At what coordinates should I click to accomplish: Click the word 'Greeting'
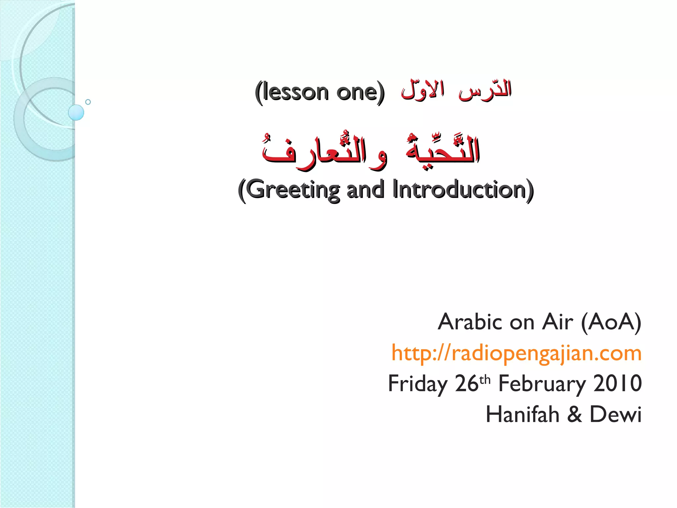pyautogui.click(x=293, y=190)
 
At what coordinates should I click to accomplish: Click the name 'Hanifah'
pyautogui.click(x=522, y=414)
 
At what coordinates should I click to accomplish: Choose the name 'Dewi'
pyautogui.click(x=616, y=414)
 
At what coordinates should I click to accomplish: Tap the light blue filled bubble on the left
pyautogui.click(x=76, y=112)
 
